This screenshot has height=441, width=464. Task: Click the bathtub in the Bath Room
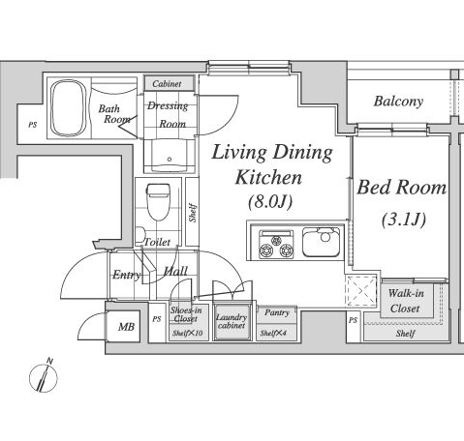pyautogui.click(x=69, y=108)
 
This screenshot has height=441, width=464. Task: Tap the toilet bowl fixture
pyautogui.click(x=158, y=202)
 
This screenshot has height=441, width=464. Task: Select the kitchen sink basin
pyautogui.click(x=321, y=242)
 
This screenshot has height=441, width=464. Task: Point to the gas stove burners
pyautogui.click(x=276, y=244)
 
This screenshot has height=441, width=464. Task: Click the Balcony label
pyautogui.click(x=398, y=102)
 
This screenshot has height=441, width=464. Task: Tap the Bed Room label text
pyautogui.click(x=402, y=187)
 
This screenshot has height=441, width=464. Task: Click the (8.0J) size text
pyautogui.click(x=270, y=202)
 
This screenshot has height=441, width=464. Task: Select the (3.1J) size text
pyautogui.click(x=404, y=220)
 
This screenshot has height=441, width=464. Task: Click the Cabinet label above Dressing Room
pyautogui.click(x=167, y=84)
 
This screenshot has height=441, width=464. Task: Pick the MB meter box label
pyautogui.click(x=126, y=327)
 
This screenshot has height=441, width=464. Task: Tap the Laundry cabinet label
pyautogui.click(x=232, y=321)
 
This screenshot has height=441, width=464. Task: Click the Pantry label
pyautogui.click(x=277, y=312)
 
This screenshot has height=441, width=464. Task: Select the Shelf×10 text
pyautogui.click(x=188, y=333)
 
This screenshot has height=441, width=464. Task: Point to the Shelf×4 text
pyautogui.click(x=273, y=333)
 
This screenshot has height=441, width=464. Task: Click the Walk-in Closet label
pyautogui.click(x=406, y=301)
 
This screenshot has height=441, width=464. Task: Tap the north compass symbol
pyautogui.click(x=44, y=375)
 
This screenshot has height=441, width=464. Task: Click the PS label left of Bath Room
pyautogui.click(x=32, y=125)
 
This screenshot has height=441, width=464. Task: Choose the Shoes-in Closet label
pyautogui.click(x=186, y=314)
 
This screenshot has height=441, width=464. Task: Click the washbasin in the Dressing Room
pyautogui.click(x=170, y=156)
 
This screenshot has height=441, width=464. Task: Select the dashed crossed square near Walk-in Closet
pyautogui.click(x=361, y=291)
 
